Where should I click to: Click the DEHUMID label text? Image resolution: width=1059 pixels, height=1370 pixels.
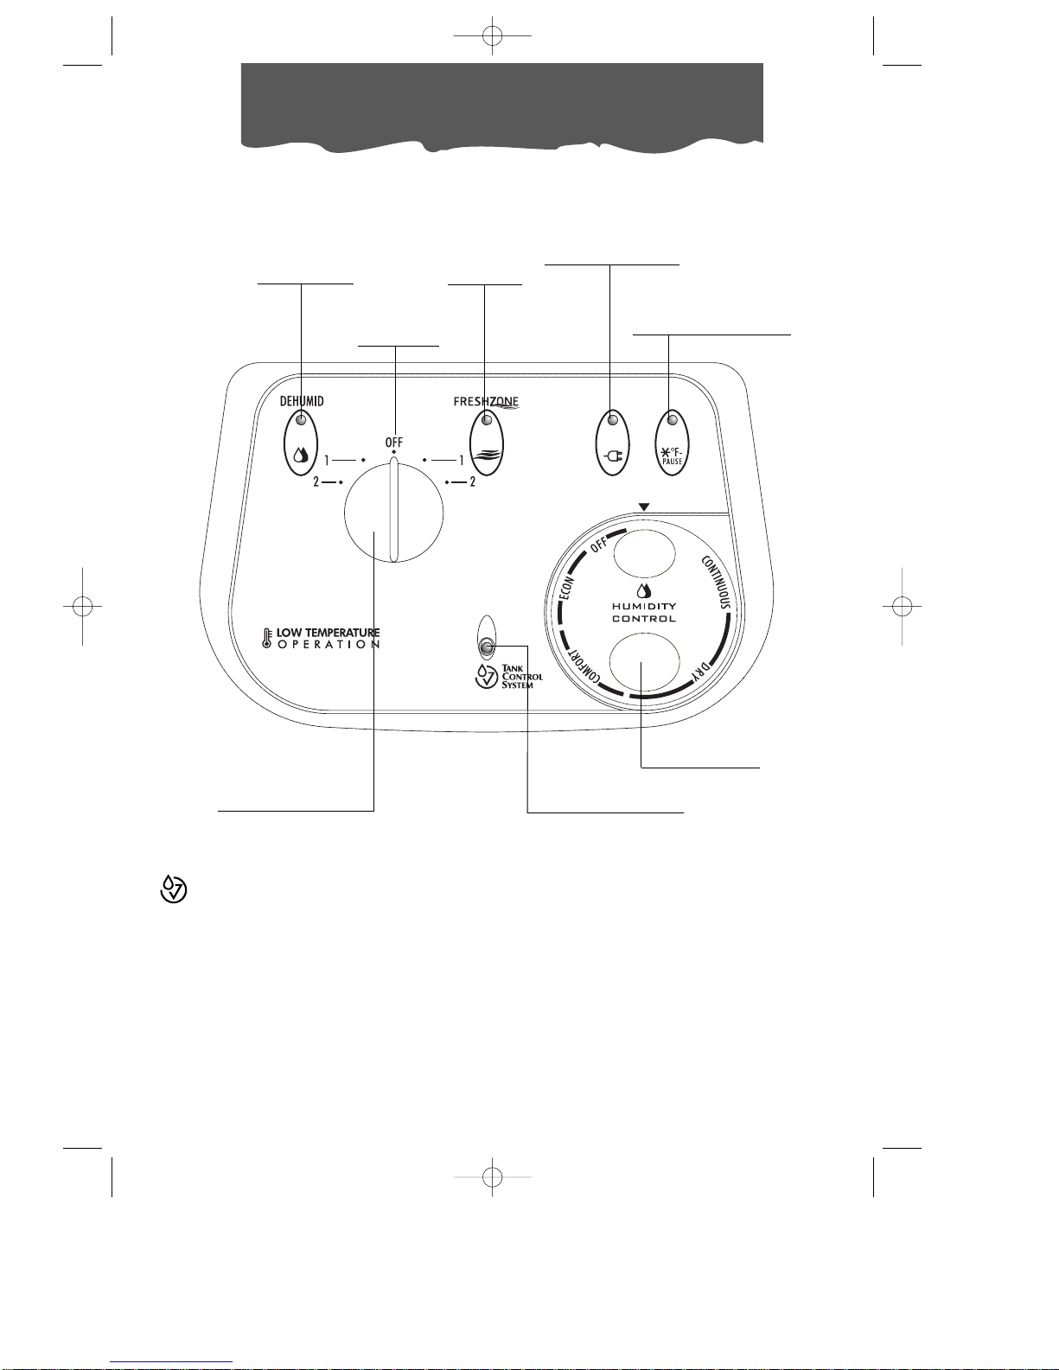(x=301, y=402)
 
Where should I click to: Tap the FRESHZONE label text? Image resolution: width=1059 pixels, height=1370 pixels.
(x=485, y=402)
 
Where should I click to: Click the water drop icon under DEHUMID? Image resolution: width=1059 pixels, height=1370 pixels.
(x=301, y=454)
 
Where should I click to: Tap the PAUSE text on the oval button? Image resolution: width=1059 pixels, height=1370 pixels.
(x=672, y=462)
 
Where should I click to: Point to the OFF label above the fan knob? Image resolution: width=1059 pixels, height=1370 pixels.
(x=394, y=443)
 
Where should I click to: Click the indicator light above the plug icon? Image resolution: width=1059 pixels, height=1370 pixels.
(x=613, y=420)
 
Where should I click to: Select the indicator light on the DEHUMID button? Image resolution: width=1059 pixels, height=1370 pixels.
(x=301, y=420)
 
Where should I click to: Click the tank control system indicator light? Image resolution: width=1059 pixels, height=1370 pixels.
(x=487, y=647)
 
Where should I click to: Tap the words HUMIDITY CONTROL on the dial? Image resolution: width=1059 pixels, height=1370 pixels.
(x=644, y=612)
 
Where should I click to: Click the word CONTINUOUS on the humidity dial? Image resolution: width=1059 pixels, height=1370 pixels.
(x=716, y=583)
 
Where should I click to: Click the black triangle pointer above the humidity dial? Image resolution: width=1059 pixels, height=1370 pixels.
(x=644, y=507)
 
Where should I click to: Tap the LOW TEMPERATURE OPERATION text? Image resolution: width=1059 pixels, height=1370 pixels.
(x=328, y=639)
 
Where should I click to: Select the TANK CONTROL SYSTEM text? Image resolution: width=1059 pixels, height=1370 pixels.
(x=522, y=677)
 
